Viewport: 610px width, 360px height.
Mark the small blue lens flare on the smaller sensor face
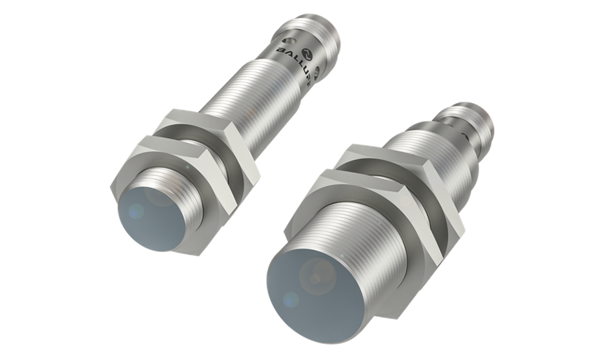(x=136, y=210)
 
